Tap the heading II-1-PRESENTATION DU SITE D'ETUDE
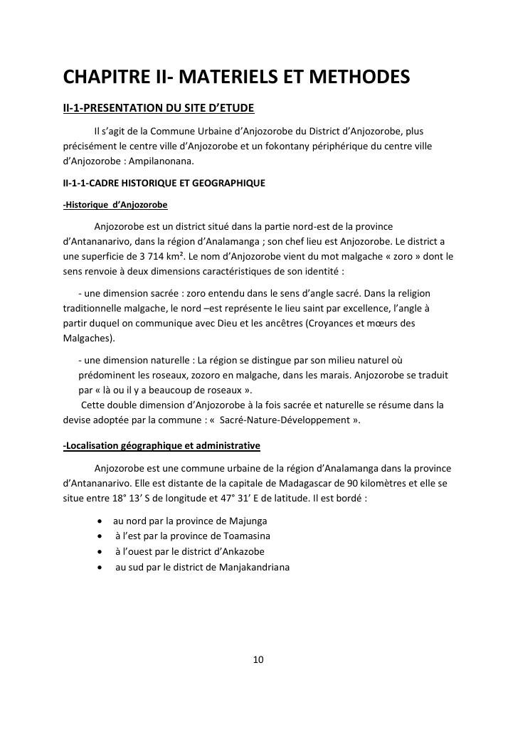159,108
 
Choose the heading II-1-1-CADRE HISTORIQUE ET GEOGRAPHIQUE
164,183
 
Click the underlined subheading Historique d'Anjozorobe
115,205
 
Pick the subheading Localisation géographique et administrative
161,446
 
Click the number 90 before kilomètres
337,483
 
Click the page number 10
258,659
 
